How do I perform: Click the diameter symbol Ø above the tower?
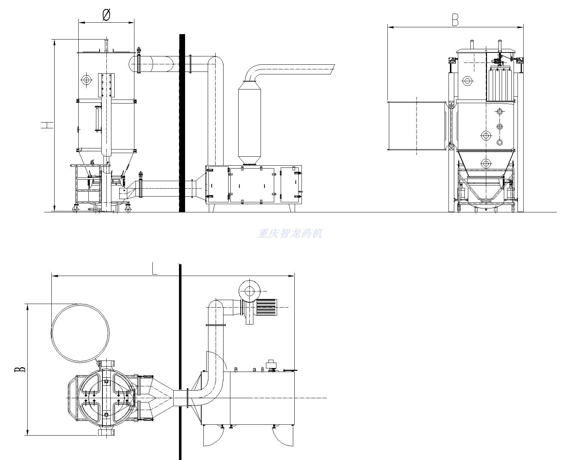tap(106, 15)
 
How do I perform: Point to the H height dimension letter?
tap(47, 125)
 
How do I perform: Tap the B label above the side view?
tap(455, 20)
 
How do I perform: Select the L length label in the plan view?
tap(155, 268)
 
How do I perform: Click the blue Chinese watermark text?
tap(290, 234)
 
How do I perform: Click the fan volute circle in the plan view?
tap(249, 291)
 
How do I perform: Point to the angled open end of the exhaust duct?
tap(332, 69)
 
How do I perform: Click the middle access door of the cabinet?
tap(252, 185)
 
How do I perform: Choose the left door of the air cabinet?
tap(218, 185)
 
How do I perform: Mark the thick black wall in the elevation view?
tap(182, 123)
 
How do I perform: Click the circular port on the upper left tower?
tap(86, 79)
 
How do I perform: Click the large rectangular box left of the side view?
tap(417, 126)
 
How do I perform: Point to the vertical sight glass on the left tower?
tap(97, 118)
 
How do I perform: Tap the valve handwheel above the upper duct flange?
tap(138, 50)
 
